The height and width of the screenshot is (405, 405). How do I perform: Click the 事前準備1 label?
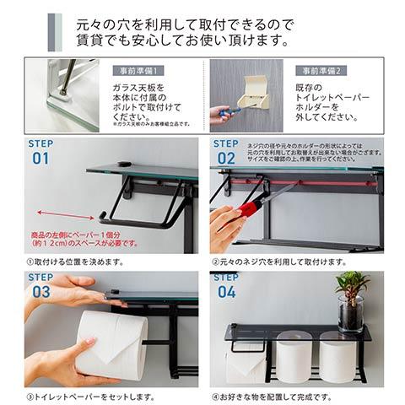[x=138, y=70]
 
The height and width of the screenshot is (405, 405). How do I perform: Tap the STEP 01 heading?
[x=40, y=152]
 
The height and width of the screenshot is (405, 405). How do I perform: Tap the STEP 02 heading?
[x=225, y=152]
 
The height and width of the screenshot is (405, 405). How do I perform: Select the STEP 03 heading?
[x=40, y=285]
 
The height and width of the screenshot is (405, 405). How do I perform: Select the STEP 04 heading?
[x=225, y=285]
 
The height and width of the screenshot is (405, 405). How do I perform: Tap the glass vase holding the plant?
[x=350, y=314]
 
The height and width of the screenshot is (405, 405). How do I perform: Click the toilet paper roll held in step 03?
[x=111, y=343]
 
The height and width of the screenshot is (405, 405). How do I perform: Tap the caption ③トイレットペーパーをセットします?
[x=90, y=395]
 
